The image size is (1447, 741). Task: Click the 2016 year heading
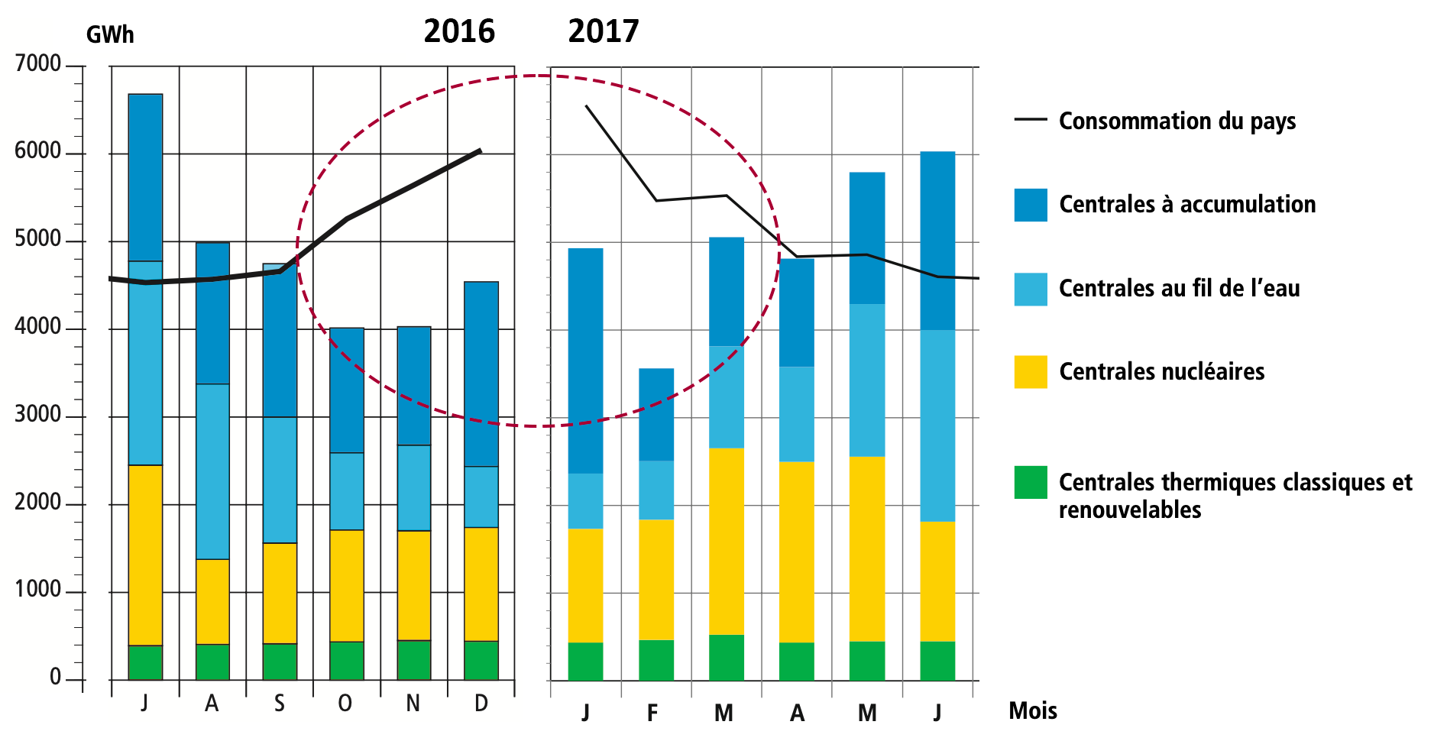pos(459,31)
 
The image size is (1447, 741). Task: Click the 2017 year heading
pos(603,31)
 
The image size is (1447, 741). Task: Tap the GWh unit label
pos(110,35)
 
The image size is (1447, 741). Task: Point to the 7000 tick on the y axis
pos(38,64)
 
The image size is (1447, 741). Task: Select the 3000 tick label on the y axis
pos(38,415)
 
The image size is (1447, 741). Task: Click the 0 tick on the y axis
pos(56,678)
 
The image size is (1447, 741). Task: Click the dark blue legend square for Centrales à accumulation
pos(1031,205)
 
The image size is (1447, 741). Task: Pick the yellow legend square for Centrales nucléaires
pos(1031,372)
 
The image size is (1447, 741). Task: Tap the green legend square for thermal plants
pos(1031,483)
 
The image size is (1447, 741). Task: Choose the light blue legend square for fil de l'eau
pos(1031,289)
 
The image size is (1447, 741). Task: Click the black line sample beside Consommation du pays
pos(1031,120)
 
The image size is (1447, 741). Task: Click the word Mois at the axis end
pos(1032,711)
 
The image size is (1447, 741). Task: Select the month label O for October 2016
pos(345,704)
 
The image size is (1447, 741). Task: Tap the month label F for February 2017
pos(652,713)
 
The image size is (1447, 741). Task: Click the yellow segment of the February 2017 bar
pos(656,579)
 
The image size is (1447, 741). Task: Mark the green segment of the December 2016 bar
pos(481,660)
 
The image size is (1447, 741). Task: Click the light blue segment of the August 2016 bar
pos(212,471)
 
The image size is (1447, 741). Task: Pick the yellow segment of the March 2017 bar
pos(727,541)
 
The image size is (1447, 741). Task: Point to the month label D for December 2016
pos(481,704)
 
